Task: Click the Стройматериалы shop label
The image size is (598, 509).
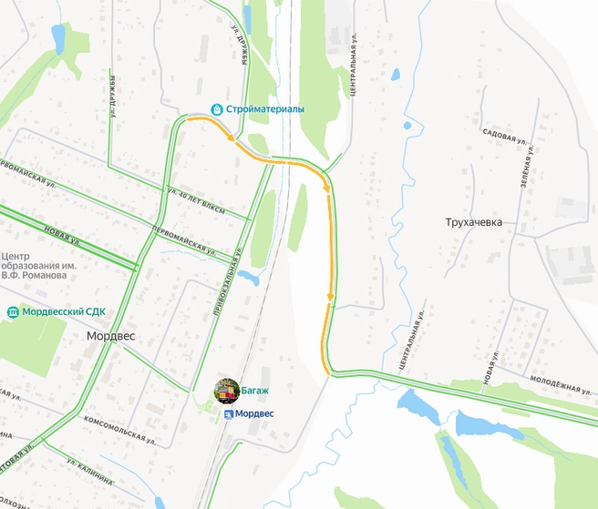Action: (x=265, y=108)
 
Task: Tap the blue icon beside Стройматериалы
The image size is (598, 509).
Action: (x=217, y=108)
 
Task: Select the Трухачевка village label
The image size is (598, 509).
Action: (x=474, y=221)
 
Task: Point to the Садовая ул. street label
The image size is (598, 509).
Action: (x=507, y=137)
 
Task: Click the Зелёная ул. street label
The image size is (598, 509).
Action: (x=526, y=168)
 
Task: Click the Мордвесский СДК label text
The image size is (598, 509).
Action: (x=63, y=311)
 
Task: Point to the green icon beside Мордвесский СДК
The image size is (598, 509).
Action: (x=11, y=311)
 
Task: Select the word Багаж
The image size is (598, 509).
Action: (x=256, y=391)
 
